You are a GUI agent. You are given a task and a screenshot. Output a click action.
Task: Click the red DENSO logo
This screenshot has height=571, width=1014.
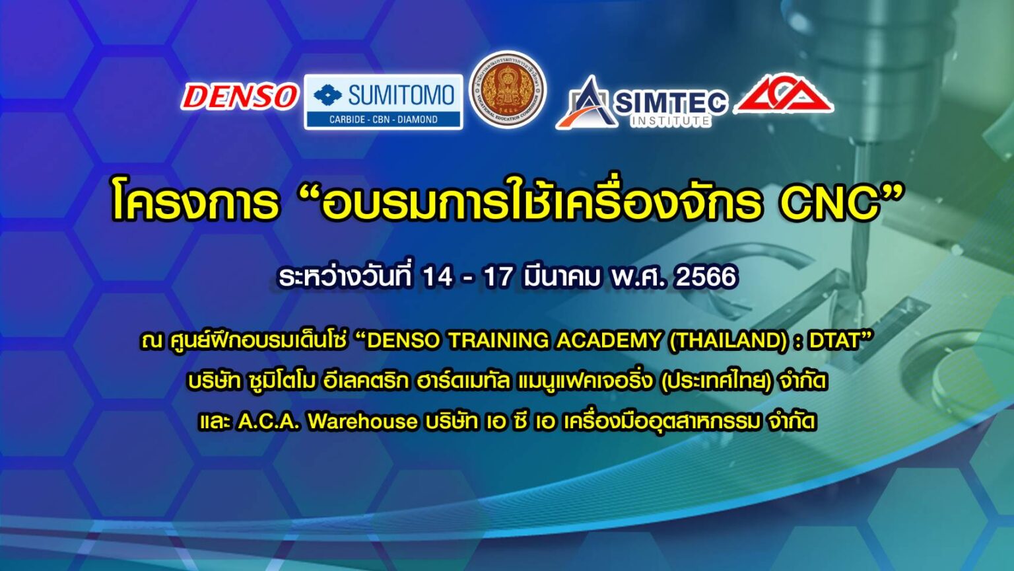pos(239,96)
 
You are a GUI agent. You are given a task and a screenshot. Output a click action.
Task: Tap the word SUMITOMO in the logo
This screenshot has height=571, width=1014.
pos(401,95)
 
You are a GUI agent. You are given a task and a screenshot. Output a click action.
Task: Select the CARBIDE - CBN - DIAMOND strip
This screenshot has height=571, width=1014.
pos(383,120)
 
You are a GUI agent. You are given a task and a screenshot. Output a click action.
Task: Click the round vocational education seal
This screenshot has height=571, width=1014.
pos(508,90)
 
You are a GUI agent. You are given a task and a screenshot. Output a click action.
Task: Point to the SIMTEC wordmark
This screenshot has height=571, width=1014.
pos(670,101)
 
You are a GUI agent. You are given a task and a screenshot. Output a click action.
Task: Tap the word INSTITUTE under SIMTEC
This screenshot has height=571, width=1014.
pos(670,121)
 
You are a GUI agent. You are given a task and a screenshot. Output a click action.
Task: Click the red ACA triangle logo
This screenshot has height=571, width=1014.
pos(784,94)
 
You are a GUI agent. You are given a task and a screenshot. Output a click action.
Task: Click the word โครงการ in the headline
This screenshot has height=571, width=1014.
pos(194,202)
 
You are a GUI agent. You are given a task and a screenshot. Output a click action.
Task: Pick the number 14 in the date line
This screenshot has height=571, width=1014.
pos(437,277)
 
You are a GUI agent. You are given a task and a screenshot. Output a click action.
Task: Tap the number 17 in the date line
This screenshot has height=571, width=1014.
pos(498,277)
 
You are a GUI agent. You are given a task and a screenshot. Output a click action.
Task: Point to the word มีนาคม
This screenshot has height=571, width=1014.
pos(560,277)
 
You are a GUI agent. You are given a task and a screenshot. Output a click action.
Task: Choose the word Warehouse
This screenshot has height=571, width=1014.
pos(362,421)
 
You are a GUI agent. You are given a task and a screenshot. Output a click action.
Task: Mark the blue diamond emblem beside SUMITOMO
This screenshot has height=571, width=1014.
pos(327,95)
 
